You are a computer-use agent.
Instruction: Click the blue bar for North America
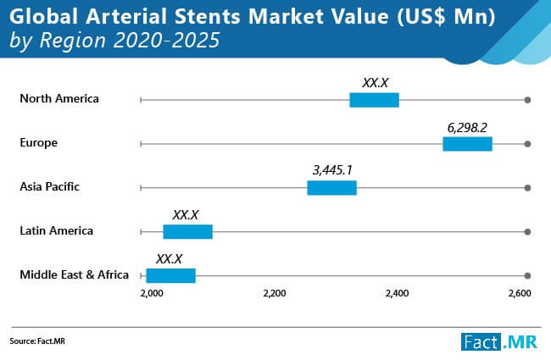(x=374, y=100)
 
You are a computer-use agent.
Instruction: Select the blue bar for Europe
(x=467, y=144)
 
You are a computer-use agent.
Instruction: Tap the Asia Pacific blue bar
(x=331, y=188)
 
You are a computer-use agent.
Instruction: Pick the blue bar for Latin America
(x=187, y=232)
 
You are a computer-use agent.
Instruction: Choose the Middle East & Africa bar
(x=170, y=275)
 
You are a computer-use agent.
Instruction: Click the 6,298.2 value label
(x=467, y=128)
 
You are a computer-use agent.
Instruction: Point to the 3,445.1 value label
(x=332, y=170)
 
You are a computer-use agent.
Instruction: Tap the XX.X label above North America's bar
(x=376, y=83)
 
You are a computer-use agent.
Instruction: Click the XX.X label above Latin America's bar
(x=186, y=215)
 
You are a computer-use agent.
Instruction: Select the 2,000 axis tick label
(x=152, y=293)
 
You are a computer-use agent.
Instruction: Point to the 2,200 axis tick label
(x=275, y=293)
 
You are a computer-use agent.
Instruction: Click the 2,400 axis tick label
(x=397, y=293)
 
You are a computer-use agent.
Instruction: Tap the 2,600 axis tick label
(x=520, y=293)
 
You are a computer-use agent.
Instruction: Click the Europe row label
(x=39, y=143)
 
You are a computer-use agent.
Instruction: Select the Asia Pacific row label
(x=49, y=186)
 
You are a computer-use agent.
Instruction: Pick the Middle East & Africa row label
(x=74, y=274)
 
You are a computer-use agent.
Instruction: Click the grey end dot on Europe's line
(x=527, y=144)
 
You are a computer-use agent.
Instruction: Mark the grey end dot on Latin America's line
(x=527, y=232)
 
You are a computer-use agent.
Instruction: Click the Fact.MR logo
(x=499, y=341)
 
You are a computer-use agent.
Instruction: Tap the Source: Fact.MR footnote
(x=37, y=341)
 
